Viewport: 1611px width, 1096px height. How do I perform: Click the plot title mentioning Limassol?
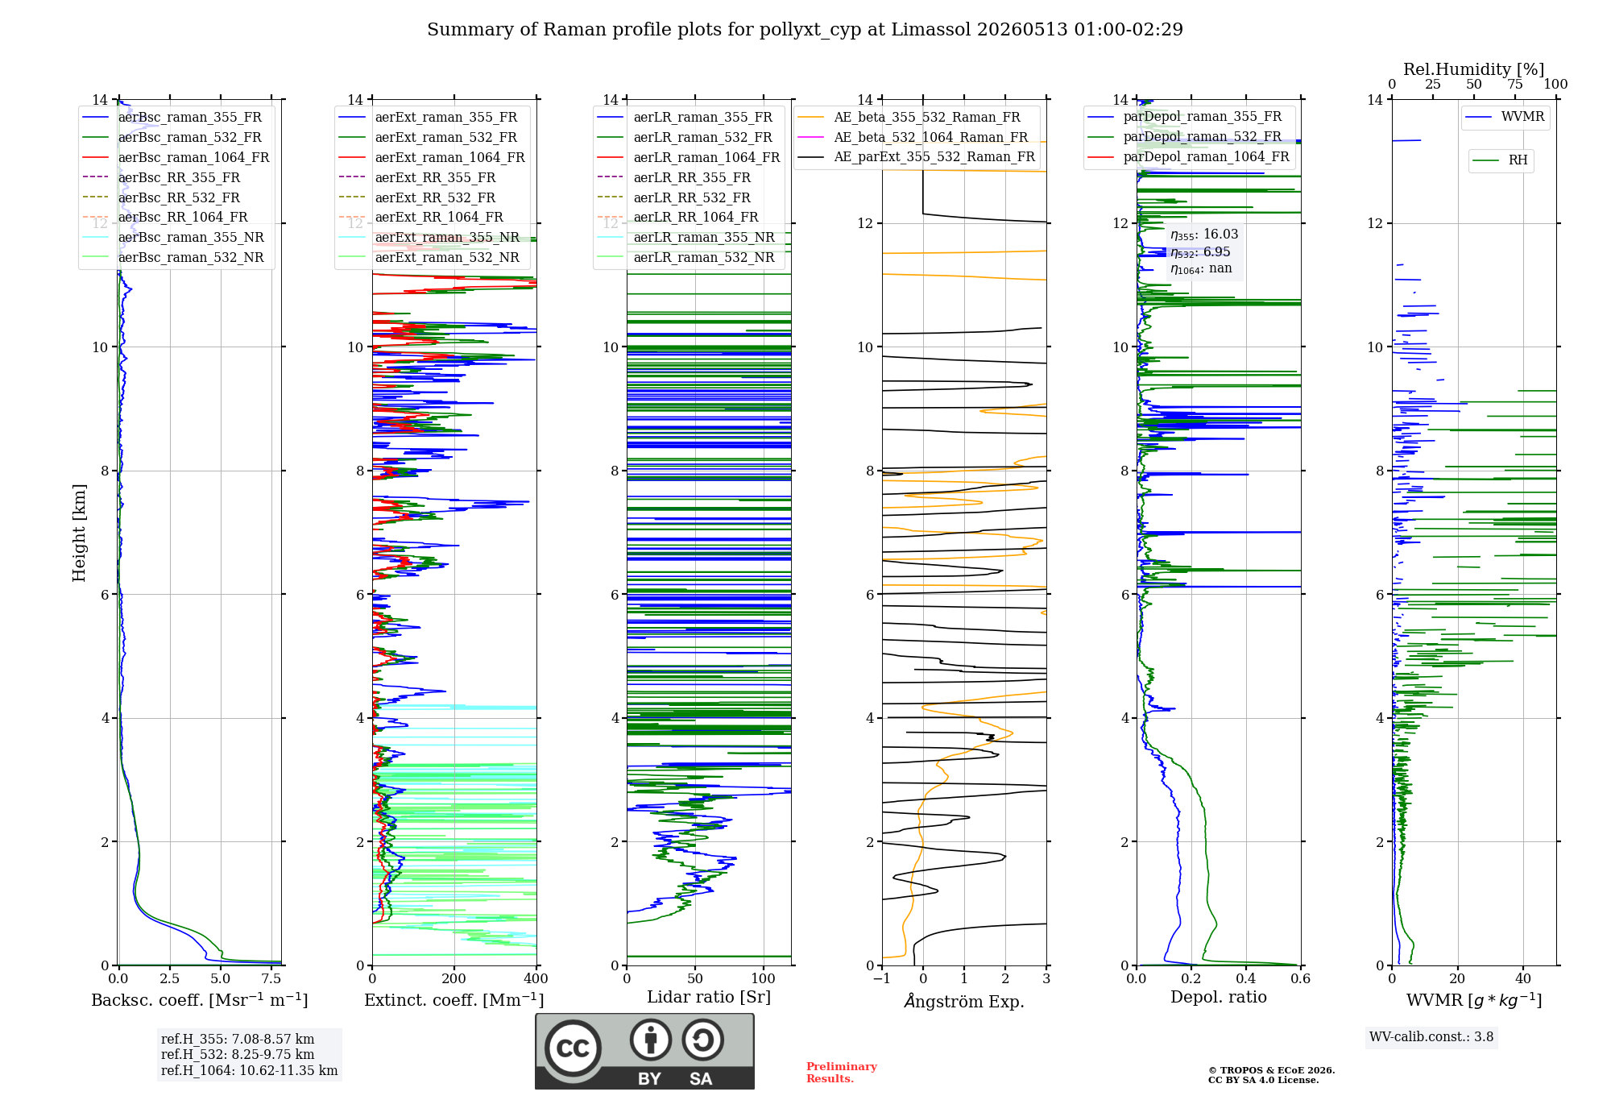pyautogui.click(x=805, y=30)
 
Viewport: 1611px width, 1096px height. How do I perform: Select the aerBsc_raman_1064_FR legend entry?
pyautogui.click(x=176, y=157)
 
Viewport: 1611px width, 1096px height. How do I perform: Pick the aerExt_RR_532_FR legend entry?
pyautogui.click(x=417, y=197)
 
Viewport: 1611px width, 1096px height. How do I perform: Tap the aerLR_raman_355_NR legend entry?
pyautogui.click(x=685, y=237)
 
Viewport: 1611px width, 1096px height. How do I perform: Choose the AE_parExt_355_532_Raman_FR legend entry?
pyautogui.click(x=916, y=156)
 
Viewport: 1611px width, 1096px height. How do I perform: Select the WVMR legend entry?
pyautogui.click(x=1505, y=117)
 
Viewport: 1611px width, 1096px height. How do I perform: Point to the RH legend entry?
pyautogui.click(x=1500, y=160)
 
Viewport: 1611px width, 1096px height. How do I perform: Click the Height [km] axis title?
pyautogui.click(x=79, y=533)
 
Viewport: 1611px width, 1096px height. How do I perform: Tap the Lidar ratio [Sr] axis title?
pyautogui.click(x=709, y=997)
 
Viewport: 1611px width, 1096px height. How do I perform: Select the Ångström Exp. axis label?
pyautogui.click(x=964, y=1001)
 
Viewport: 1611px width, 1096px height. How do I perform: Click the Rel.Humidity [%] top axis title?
pyautogui.click(x=1474, y=69)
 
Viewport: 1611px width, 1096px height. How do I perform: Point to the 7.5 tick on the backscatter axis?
pyautogui.click(x=271, y=978)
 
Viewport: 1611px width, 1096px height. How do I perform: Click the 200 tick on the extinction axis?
pyautogui.click(x=454, y=978)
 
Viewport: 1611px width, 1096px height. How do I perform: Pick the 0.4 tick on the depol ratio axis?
pyautogui.click(x=1246, y=978)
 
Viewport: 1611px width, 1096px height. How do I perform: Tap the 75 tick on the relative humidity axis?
pyautogui.click(x=1515, y=84)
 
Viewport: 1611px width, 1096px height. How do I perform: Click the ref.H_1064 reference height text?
pyautogui.click(x=250, y=1070)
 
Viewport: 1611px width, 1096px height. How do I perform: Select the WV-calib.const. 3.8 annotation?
pyautogui.click(x=1431, y=1037)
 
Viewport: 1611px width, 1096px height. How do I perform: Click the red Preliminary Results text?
pyautogui.click(x=842, y=1073)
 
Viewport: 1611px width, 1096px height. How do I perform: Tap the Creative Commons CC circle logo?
pyautogui.click(x=573, y=1048)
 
